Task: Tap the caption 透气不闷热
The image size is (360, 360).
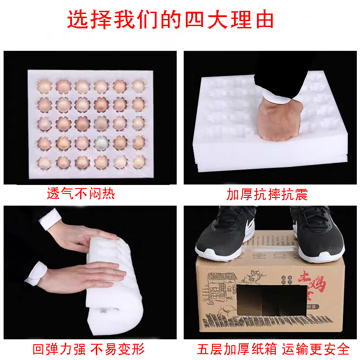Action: click(81, 194)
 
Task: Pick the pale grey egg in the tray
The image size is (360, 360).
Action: click(102, 144)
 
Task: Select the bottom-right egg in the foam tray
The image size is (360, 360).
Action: click(139, 161)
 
